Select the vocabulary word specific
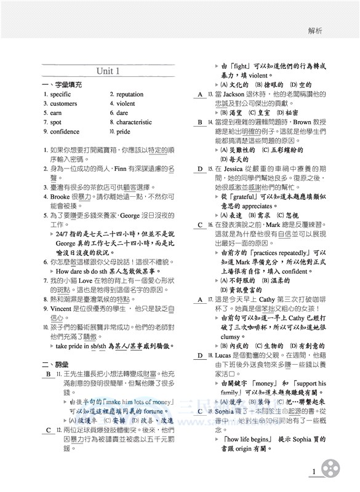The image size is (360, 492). [60, 95]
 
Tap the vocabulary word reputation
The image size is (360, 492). [130, 95]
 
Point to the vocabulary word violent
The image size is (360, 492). [126, 104]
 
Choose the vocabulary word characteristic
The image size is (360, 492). [134, 122]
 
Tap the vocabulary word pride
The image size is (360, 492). [124, 132]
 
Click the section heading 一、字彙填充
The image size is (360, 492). [62, 84]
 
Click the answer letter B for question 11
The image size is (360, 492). [46, 374]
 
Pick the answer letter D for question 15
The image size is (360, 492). [200, 169]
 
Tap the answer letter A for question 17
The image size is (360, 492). [200, 300]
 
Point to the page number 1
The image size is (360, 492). [314, 472]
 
